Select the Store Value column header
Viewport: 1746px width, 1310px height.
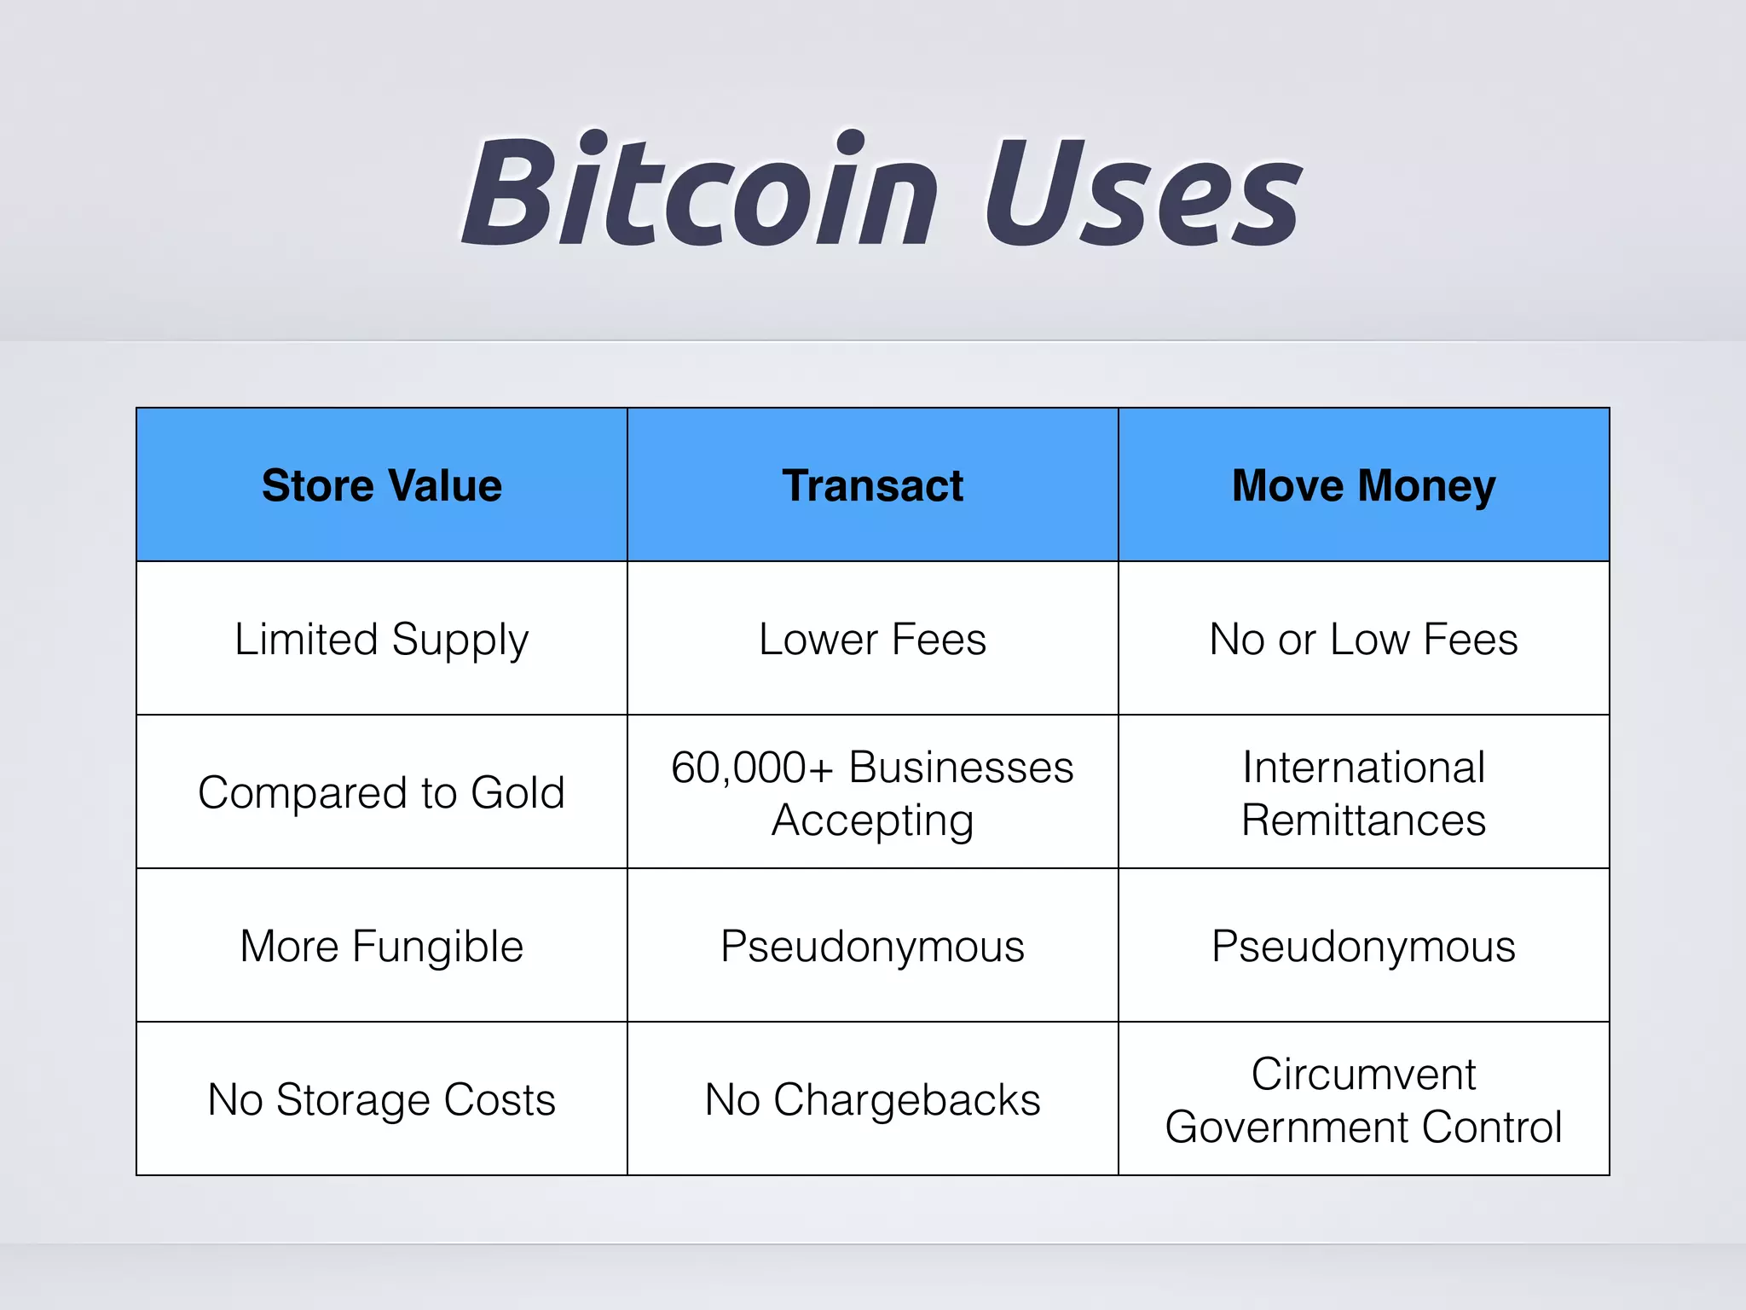click(x=382, y=485)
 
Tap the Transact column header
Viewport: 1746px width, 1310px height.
click(x=872, y=485)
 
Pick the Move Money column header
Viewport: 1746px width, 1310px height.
click(x=1363, y=485)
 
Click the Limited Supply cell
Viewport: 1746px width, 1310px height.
click(x=382, y=640)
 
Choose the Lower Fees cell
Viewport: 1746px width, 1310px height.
click(x=872, y=640)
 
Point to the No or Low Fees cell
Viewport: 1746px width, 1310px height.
click(x=1363, y=640)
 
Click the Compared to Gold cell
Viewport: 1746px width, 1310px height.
click(x=382, y=792)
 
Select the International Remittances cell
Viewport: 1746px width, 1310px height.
click(x=1363, y=792)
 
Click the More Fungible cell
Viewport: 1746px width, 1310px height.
click(x=382, y=946)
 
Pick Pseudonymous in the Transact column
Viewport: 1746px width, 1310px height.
click(x=872, y=946)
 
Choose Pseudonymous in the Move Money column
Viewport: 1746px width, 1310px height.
click(x=1363, y=946)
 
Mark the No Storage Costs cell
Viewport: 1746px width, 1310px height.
click(x=382, y=1099)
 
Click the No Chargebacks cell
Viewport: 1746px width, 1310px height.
click(x=872, y=1099)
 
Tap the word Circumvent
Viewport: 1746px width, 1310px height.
click(x=1363, y=1074)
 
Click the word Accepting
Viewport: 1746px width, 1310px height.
click(x=872, y=820)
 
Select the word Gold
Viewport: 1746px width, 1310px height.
click(x=517, y=792)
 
